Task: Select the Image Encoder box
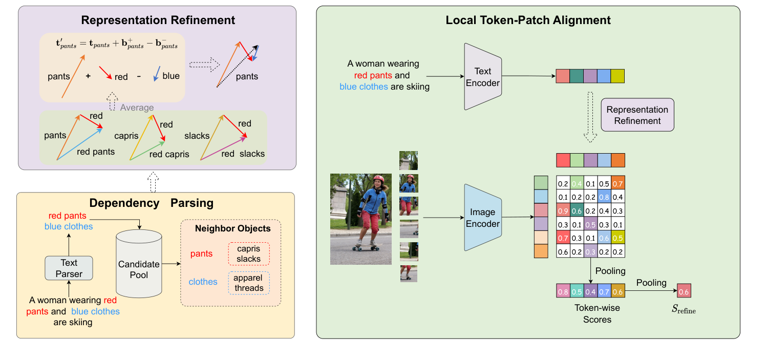click(482, 218)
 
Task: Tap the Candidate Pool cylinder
click(139, 264)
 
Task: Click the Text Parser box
click(69, 268)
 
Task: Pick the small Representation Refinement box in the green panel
click(637, 115)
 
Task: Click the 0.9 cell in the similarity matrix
click(563, 210)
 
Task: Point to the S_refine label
click(684, 310)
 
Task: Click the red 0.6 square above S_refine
click(684, 291)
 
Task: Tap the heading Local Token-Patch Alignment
click(528, 20)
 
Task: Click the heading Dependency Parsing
click(152, 203)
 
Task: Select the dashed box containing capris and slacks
click(249, 254)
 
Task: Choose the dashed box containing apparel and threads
click(249, 283)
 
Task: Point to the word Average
click(137, 108)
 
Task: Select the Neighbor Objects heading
click(232, 228)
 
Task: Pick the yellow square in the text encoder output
click(617, 76)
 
